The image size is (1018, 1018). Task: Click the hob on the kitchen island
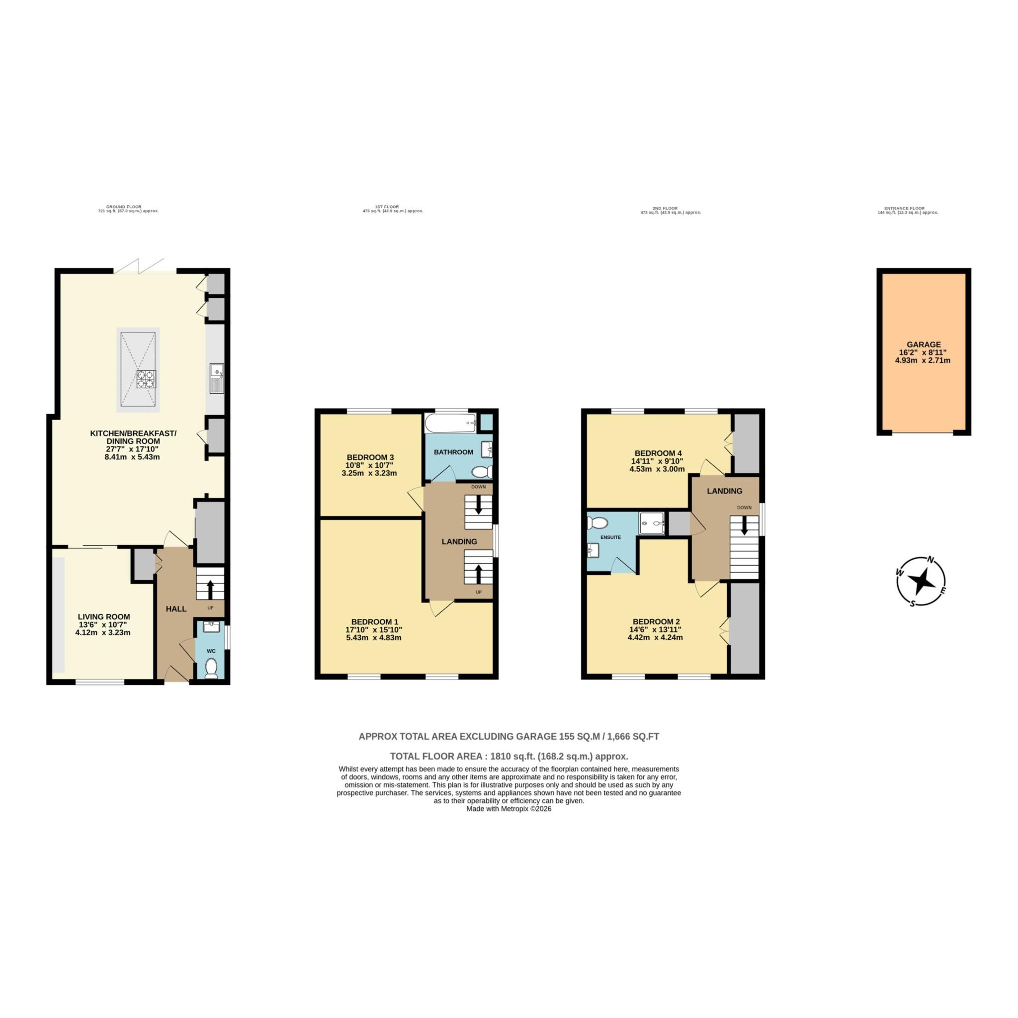tap(146, 379)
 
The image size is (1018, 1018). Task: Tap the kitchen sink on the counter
tap(217, 378)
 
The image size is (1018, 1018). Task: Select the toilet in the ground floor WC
tap(211, 668)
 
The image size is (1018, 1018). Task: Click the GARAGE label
tap(924, 344)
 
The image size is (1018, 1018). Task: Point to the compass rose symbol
tap(921, 582)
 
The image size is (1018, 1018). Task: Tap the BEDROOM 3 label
tap(370, 457)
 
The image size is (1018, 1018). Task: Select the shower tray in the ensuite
tap(652, 523)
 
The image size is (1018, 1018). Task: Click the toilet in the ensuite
tap(598, 523)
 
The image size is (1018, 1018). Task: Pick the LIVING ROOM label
tap(104, 616)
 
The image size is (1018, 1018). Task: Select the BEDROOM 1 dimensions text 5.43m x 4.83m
tap(374, 638)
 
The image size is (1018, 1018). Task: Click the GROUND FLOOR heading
tap(124, 207)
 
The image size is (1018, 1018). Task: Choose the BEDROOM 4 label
tap(658, 453)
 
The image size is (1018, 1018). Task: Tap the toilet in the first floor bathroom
tap(481, 471)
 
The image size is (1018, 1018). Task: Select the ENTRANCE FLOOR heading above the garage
tap(904, 209)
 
